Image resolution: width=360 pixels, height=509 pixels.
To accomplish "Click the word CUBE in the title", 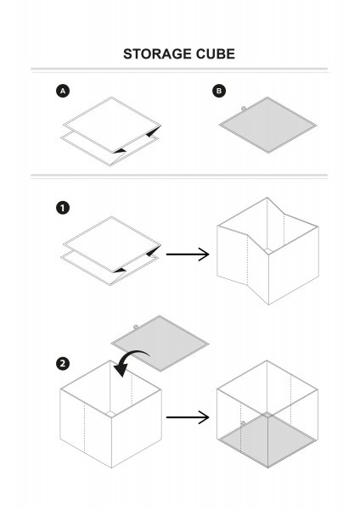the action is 215,54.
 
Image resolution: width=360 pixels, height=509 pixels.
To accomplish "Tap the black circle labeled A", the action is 63,91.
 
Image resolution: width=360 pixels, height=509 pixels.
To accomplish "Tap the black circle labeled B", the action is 219,91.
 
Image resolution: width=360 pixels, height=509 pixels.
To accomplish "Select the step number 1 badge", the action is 63,208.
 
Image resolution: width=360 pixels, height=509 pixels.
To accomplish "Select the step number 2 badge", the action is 63,364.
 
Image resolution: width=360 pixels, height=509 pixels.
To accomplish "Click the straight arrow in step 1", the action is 188,255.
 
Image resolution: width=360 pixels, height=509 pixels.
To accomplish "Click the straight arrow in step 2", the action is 188,417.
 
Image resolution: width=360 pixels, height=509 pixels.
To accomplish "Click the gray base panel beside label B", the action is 267,125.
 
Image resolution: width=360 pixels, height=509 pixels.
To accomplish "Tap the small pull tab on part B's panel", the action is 243,109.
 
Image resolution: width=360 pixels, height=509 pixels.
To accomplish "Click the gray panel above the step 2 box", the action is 160,344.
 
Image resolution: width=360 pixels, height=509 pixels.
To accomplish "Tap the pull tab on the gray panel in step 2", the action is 136,327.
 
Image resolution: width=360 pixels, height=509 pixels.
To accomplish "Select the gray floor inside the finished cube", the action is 267,439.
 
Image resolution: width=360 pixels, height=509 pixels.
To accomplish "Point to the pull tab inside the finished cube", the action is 243,423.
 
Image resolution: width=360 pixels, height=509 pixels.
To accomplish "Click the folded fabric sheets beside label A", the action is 110,131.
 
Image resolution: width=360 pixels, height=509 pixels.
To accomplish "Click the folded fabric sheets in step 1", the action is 110,251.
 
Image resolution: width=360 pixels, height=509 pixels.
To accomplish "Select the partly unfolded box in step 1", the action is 267,251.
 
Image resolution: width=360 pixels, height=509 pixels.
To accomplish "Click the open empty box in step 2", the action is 110,414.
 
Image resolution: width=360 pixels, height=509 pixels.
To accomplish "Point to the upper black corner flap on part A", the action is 154,131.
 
